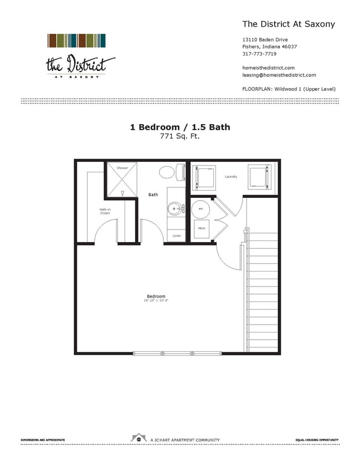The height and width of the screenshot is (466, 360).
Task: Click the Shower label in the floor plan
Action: [x=122, y=168]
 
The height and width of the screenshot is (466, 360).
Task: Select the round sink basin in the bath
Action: [x=176, y=209]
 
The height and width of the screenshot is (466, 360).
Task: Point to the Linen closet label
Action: [x=176, y=236]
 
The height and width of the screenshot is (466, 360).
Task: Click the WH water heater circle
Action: [x=201, y=208]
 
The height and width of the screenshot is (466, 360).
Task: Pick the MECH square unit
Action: [x=202, y=228]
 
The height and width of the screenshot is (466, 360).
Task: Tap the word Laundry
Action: [x=231, y=177]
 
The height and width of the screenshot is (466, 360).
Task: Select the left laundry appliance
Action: [x=203, y=177]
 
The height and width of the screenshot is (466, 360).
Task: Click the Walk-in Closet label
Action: [x=105, y=212]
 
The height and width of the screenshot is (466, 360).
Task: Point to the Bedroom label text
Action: [x=156, y=296]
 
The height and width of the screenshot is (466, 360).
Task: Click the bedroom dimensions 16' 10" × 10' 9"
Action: [x=156, y=301]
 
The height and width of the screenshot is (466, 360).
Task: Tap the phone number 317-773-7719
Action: [x=259, y=54]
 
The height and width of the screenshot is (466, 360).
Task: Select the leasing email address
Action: [x=279, y=75]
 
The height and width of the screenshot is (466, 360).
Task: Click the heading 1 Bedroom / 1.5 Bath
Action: [x=180, y=127]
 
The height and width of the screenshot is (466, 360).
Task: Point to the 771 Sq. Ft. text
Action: [x=180, y=136]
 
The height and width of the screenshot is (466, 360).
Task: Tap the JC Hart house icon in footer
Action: [x=138, y=438]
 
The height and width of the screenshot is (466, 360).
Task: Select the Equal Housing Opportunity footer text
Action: [x=316, y=440]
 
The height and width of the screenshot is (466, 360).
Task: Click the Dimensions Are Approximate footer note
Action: [x=43, y=440]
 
